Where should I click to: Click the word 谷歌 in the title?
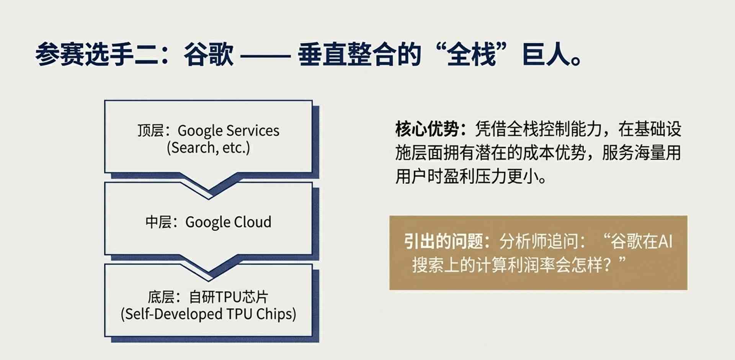click(x=209, y=54)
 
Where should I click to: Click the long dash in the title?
click(x=265, y=56)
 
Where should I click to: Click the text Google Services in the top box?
click(x=229, y=131)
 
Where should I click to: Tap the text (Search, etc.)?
click(x=208, y=148)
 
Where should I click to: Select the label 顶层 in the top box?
click(x=151, y=131)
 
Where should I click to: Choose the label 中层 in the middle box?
click(x=158, y=222)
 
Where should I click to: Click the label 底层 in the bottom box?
click(x=161, y=297)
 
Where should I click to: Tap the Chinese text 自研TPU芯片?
click(x=229, y=297)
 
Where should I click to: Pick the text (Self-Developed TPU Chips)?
click(x=208, y=314)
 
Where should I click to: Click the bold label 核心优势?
click(x=427, y=129)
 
